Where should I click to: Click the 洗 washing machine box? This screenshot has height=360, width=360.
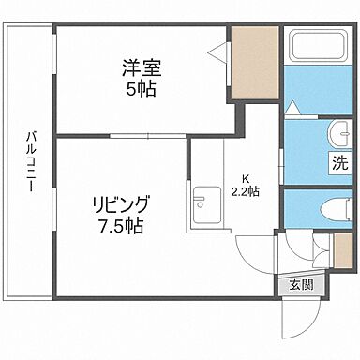tap(337, 161)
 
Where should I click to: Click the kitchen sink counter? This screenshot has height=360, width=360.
tap(201, 202)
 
